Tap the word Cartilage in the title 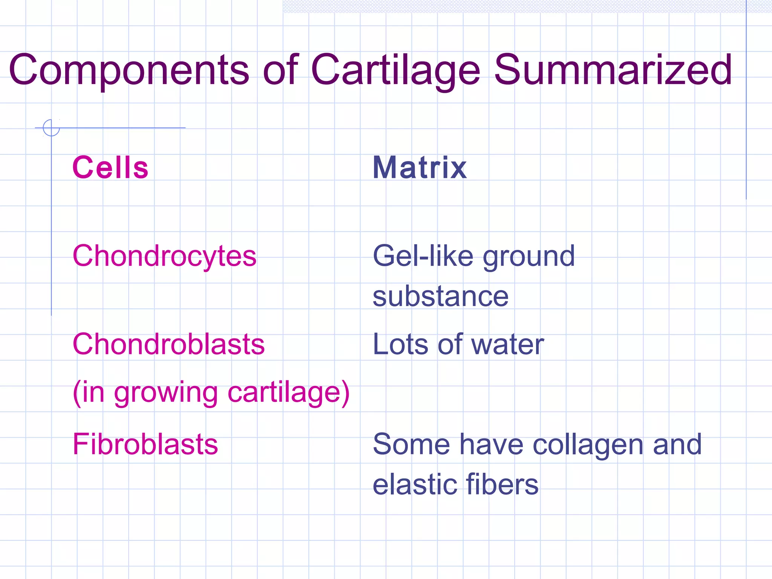(x=395, y=70)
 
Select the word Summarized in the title (x=613, y=70)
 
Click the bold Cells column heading (x=110, y=167)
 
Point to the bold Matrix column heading (x=420, y=167)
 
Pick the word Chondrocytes (x=164, y=256)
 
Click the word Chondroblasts (x=168, y=344)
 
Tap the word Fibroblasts (x=145, y=444)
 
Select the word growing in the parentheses (x=166, y=393)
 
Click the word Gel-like (x=423, y=256)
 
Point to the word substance (x=440, y=296)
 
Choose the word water (x=507, y=344)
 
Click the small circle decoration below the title (x=51, y=127)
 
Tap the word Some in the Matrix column (x=411, y=444)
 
